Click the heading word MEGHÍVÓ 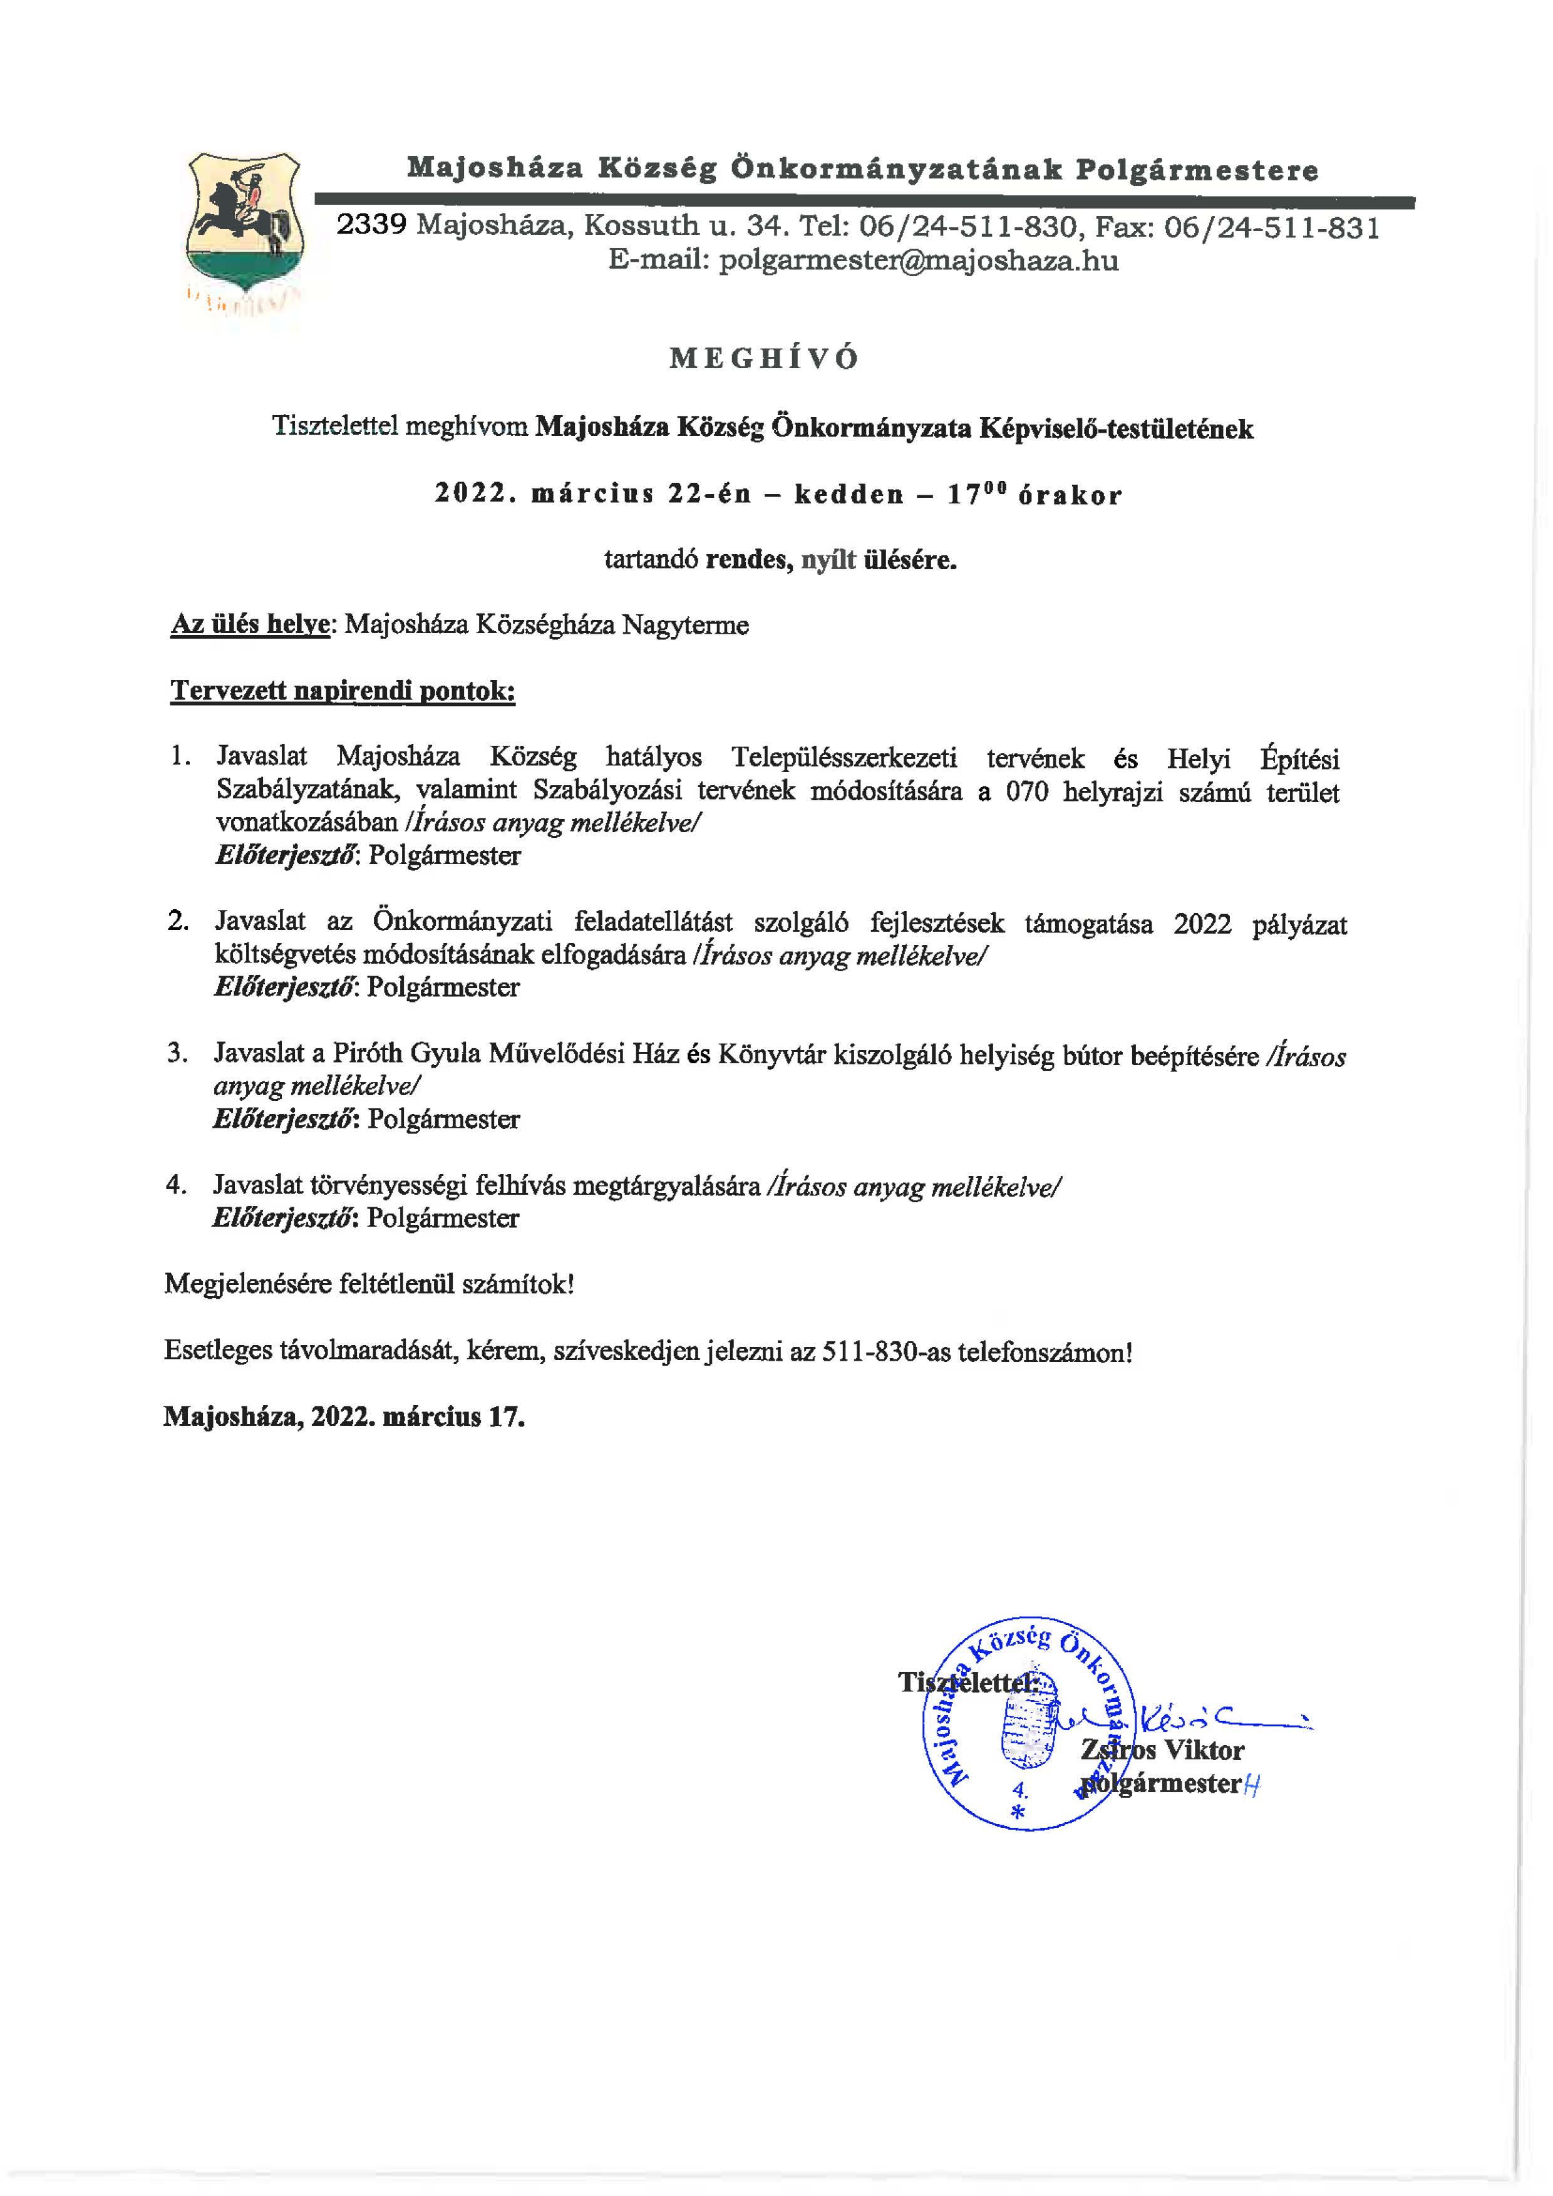(764, 359)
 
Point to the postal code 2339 (372, 225)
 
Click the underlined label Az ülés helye (250, 626)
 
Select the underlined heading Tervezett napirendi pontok (343, 691)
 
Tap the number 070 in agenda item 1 (1027, 792)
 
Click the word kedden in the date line (849, 495)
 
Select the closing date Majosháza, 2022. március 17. (344, 1416)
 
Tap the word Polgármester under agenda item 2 (443, 987)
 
